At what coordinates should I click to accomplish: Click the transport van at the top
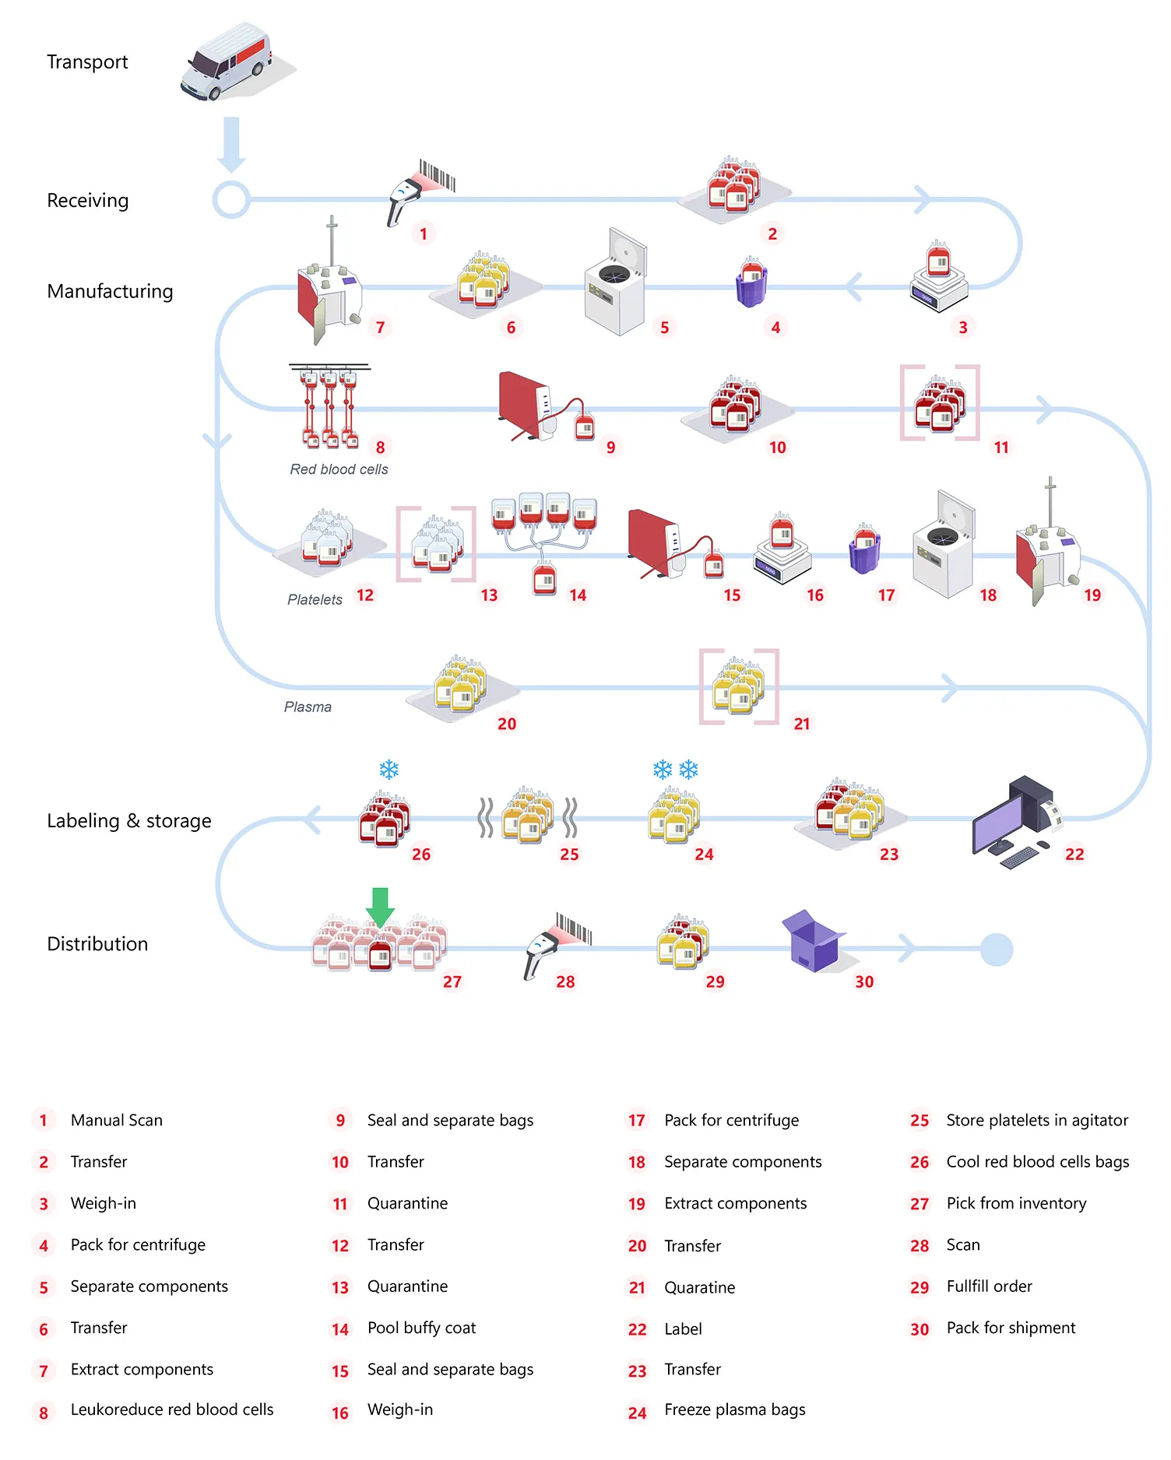(x=227, y=62)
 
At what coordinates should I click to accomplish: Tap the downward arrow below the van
(x=231, y=144)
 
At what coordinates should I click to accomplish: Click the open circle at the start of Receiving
(x=231, y=200)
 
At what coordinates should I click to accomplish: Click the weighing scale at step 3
(x=939, y=282)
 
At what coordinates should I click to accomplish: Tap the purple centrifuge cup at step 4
(x=751, y=283)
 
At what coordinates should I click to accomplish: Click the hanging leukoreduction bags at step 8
(x=329, y=406)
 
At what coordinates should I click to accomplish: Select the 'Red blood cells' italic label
(x=339, y=469)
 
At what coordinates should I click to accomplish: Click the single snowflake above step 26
(x=389, y=770)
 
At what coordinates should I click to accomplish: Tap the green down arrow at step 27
(x=380, y=907)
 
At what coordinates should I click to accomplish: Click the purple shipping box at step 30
(x=812, y=942)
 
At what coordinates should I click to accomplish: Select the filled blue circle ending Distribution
(x=996, y=949)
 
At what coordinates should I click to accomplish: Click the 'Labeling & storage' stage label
(x=129, y=821)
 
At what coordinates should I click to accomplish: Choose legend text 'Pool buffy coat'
(x=421, y=1328)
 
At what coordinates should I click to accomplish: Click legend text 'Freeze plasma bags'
(x=734, y=1409)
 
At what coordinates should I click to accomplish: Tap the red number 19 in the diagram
(x=1092, y=595)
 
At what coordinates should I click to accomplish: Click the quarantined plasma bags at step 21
(x=738, y=686)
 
